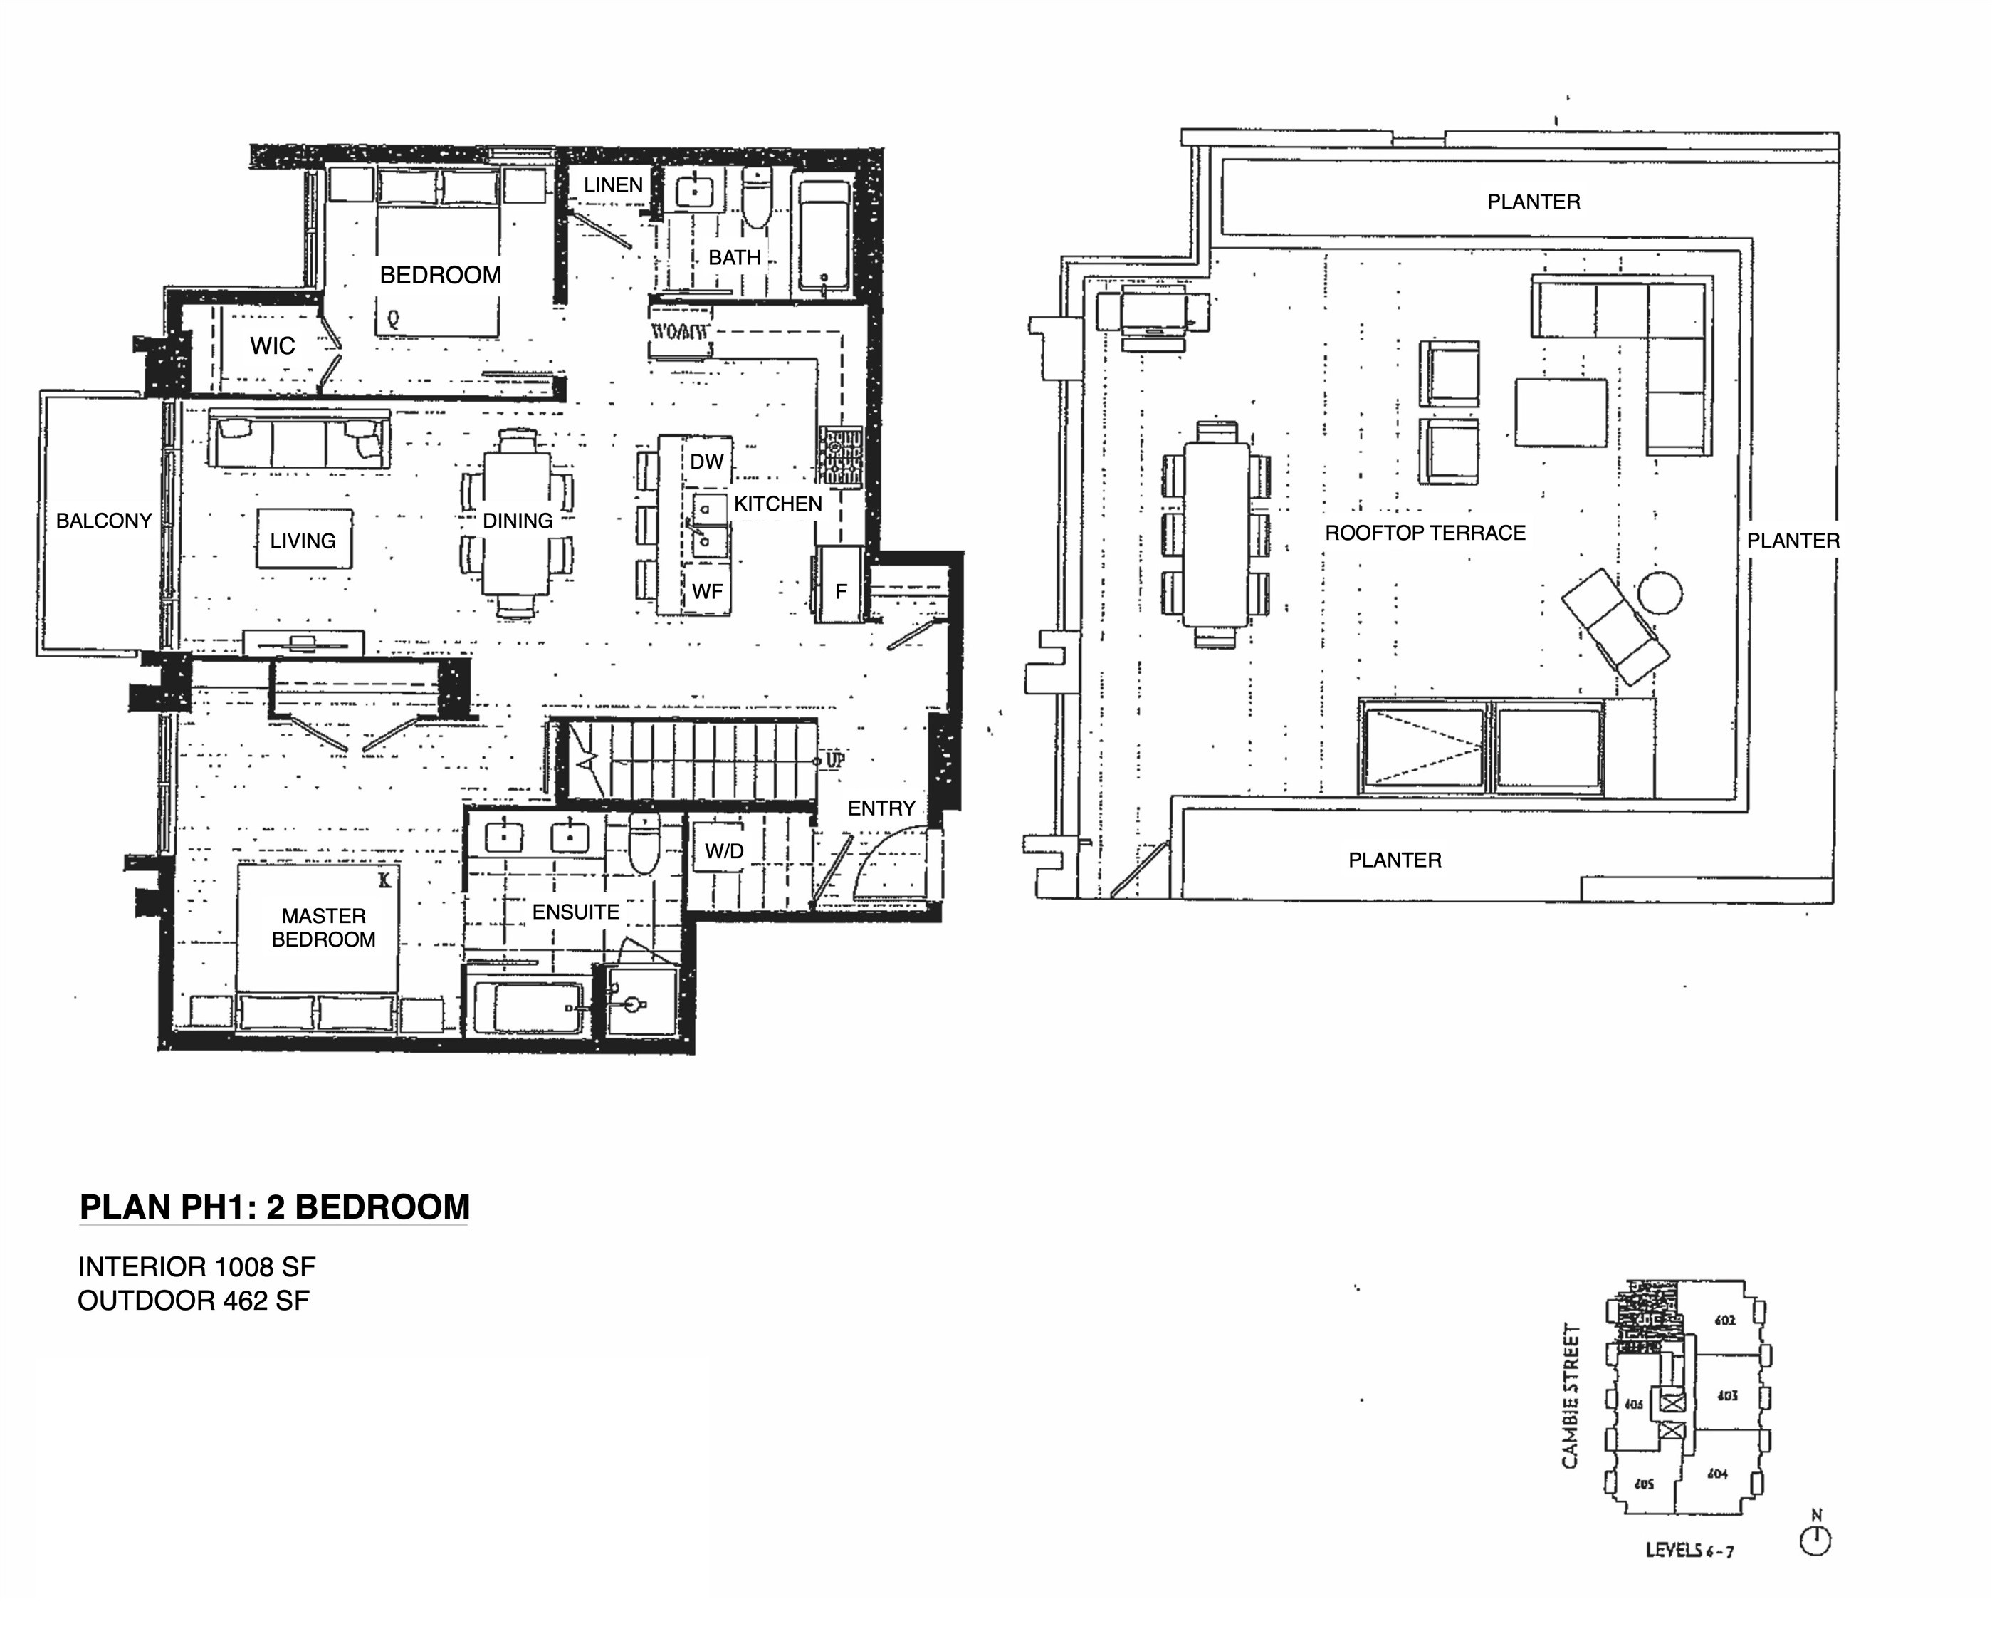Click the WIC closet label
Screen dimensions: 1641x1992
272,346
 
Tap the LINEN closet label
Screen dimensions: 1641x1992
612,185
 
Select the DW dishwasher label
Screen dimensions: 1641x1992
706,462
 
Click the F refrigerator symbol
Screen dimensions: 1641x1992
840,590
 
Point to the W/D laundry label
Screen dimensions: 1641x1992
724,852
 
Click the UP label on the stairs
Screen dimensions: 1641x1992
835,760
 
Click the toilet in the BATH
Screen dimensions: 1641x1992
756,199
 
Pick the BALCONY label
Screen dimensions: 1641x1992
104,521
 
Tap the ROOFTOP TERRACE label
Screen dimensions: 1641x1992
1425,533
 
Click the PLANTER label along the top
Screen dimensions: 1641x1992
1533,202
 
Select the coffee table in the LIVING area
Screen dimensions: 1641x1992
303,540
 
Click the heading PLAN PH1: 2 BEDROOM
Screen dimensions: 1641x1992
274,1208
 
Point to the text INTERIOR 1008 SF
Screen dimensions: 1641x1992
196,1266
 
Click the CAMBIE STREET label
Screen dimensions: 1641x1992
1570,1396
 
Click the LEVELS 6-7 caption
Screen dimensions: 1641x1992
1689,1551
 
